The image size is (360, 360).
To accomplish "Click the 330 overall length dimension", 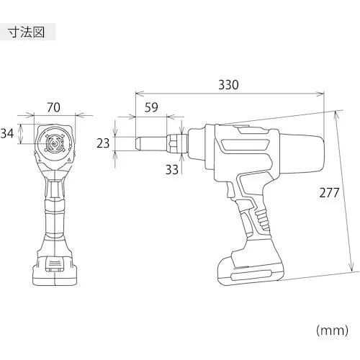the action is [x=228, y=85].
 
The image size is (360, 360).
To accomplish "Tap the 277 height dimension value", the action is [x=329, y=193].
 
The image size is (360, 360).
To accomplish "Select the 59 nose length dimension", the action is [x=151, y=107].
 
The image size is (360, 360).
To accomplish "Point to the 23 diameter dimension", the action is [x=103, y=143].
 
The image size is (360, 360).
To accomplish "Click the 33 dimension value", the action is [x=172, y=170].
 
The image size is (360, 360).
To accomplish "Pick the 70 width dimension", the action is [x=53, y=107].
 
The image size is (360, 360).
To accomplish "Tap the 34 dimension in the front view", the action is [x=7, y=133].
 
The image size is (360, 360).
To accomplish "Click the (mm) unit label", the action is [x=332, y=330].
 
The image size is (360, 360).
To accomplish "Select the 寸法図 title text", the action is [x=27, y=32].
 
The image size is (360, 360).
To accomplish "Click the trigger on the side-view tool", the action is [x=230, y=191].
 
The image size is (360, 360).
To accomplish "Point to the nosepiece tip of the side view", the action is [x=138, y=144].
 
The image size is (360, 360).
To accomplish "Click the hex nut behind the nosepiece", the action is [x=177, y=143].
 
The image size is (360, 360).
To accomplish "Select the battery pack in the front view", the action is [x=55, y=271].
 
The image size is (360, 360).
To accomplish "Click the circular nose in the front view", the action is [x=55, y=143].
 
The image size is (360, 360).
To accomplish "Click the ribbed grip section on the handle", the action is [x=262, y=219].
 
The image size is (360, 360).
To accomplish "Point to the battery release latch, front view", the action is [x=55, y=264].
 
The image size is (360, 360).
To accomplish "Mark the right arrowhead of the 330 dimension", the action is [x=320, y=94].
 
